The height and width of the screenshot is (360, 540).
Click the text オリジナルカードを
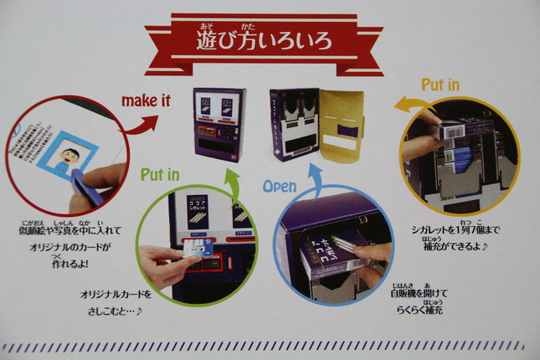pyautogui.click(x=117, y=296)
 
